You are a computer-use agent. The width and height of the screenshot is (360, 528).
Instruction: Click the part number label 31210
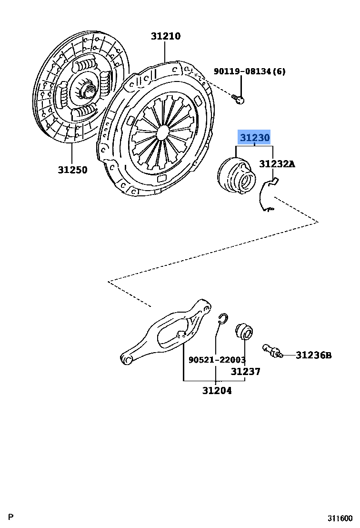166,36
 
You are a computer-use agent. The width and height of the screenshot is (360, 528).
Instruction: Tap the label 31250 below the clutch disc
73,170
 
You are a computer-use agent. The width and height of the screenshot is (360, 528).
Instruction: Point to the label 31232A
277,164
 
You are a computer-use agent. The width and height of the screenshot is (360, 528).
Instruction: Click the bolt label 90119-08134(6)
250,71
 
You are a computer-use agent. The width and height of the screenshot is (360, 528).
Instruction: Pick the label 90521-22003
217,360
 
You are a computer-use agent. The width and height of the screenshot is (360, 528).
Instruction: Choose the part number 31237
246,372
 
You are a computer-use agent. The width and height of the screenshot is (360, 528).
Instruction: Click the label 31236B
313,355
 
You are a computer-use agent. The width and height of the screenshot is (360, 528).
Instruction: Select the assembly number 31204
217,390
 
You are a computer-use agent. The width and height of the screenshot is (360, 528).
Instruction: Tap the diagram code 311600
340,518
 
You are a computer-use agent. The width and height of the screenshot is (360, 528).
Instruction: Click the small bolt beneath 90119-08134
238,99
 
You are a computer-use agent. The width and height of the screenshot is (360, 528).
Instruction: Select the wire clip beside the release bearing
267,195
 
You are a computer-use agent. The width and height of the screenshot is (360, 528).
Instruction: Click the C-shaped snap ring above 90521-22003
224,320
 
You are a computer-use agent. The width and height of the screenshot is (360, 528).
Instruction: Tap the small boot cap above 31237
245,330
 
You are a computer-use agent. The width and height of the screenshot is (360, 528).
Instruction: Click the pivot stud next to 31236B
272,352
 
